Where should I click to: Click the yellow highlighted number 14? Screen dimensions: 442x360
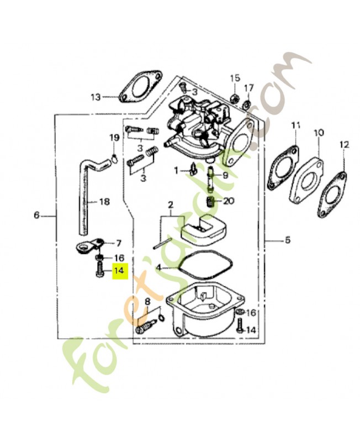click(119, 271)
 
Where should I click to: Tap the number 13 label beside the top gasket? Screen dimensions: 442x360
click(96, 97)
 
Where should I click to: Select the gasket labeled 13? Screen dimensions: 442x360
click(140, 88)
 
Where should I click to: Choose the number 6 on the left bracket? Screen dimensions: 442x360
click(37, 215)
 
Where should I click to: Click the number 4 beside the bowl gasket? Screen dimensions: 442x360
click(158, 267)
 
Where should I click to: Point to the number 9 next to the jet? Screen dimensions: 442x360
click(225, 175)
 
